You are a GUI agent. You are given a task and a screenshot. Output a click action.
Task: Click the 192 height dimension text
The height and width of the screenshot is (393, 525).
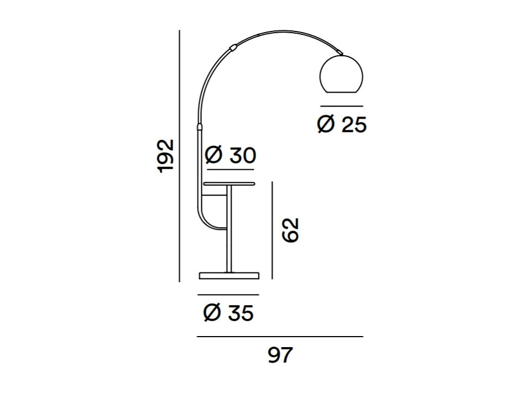(166, 156)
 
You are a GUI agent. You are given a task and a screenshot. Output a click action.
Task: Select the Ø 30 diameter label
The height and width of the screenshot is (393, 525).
(230, 156)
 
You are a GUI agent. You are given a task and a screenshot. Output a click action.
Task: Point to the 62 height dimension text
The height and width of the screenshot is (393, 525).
(290, 230)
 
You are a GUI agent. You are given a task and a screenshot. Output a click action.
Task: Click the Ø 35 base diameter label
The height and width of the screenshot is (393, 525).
(228, 313)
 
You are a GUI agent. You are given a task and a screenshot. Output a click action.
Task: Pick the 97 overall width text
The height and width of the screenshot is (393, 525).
(280, 355)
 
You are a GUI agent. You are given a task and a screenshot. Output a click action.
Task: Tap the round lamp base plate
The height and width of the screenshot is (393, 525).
(229, 275)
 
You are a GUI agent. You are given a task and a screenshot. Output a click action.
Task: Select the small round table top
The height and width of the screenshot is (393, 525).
(229, 183)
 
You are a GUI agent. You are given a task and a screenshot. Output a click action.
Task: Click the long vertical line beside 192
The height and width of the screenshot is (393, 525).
(180, 156)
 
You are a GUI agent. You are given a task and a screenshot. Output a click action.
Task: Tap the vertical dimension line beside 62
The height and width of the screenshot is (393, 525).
(273, 230)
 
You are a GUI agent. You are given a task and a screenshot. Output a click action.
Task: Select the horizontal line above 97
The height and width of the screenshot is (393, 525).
(280, 337)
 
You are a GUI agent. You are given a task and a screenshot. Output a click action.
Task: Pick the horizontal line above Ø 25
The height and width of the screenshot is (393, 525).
(341, 106)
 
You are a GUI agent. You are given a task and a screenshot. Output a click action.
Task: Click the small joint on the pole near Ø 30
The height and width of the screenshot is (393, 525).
(198, 128)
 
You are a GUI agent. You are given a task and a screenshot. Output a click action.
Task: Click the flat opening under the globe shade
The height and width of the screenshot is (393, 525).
(341, 92)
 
